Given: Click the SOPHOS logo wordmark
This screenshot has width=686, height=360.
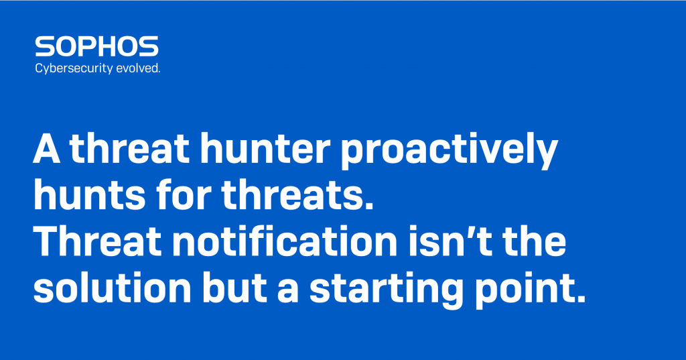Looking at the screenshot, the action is click(96, 46).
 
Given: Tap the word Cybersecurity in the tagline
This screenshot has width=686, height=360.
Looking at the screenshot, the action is click(74, 69).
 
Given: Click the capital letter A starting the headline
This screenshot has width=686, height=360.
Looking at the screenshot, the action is click(46, 148).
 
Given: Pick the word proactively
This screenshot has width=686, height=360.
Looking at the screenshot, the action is click(449, 151).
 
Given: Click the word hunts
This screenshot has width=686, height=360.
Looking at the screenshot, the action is click(89, 195).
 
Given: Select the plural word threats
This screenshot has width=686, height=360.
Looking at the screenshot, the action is click(297, 195).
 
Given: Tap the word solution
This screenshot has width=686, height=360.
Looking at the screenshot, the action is click(113, 288).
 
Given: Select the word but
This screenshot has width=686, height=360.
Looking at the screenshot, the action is click(234, 288).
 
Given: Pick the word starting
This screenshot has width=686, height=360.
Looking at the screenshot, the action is click(387, 291).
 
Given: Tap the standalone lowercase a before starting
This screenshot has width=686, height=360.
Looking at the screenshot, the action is click(288, 292).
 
